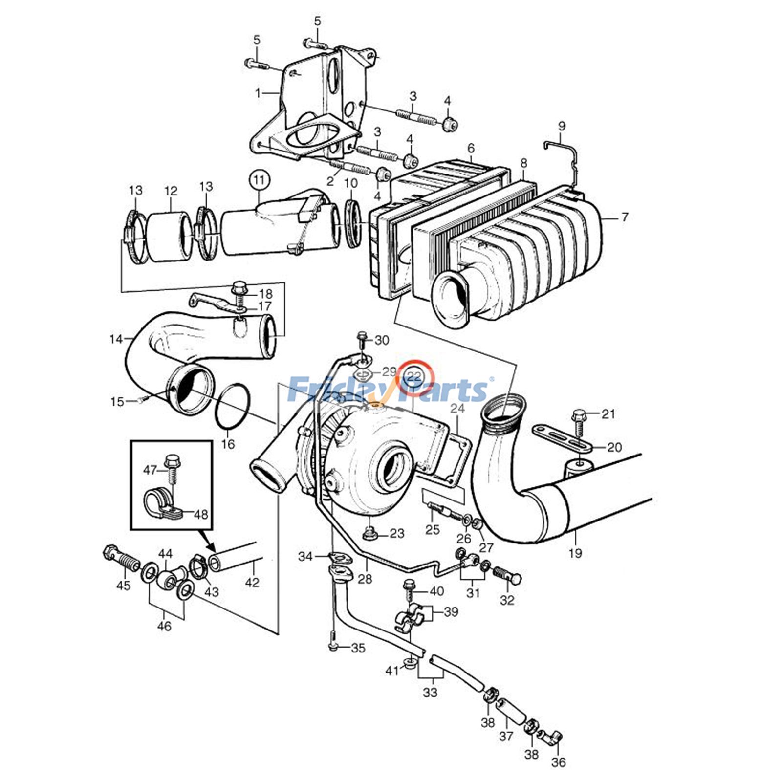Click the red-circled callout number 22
[414, 377]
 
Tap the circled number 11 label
[259, 180]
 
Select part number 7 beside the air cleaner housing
[625, 217]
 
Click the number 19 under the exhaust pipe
[575, 553]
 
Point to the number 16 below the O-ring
[228, 444]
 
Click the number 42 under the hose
[252, 582]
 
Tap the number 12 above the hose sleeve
[171, 191]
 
